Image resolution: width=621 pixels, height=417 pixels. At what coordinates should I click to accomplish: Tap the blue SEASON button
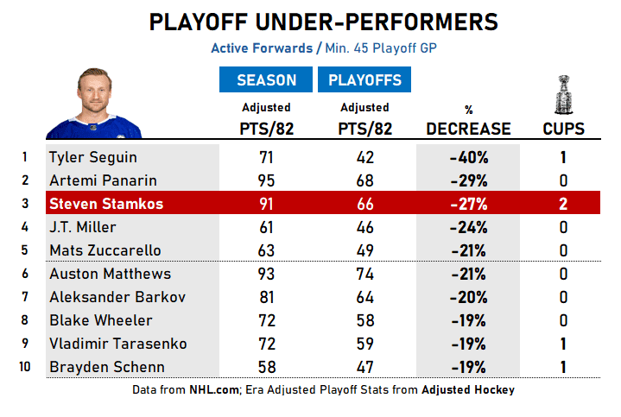(266, 80)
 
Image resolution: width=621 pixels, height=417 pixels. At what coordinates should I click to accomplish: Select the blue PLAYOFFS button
(364, 80)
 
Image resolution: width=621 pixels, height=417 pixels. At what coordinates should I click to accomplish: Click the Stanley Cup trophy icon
(563, 95)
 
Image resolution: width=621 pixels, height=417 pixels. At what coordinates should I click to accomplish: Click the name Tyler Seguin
(93, 158)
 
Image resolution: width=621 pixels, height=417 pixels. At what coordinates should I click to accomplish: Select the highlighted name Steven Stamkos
(105, 205)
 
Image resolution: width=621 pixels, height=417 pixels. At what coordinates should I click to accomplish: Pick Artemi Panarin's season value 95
(266, 181)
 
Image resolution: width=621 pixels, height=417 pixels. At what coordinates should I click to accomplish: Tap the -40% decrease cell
(469, 158)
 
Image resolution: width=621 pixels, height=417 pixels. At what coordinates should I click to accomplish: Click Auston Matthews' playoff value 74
(364, 275)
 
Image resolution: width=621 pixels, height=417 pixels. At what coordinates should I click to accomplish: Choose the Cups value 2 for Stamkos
(563, 205)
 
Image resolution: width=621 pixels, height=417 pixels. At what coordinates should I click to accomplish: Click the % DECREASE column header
(469, 129)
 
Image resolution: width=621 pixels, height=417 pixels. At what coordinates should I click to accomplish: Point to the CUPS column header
(563, 130)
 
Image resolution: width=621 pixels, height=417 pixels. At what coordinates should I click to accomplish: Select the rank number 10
(25, 367)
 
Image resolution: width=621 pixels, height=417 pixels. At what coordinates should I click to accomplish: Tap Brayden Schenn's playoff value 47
(364, 367)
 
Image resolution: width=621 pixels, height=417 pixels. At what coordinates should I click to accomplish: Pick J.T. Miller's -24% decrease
(469, 228)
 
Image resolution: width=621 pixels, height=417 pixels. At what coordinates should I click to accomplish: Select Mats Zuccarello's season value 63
(266, 251)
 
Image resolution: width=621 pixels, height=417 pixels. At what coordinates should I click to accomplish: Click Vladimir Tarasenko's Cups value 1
(563, 344)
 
